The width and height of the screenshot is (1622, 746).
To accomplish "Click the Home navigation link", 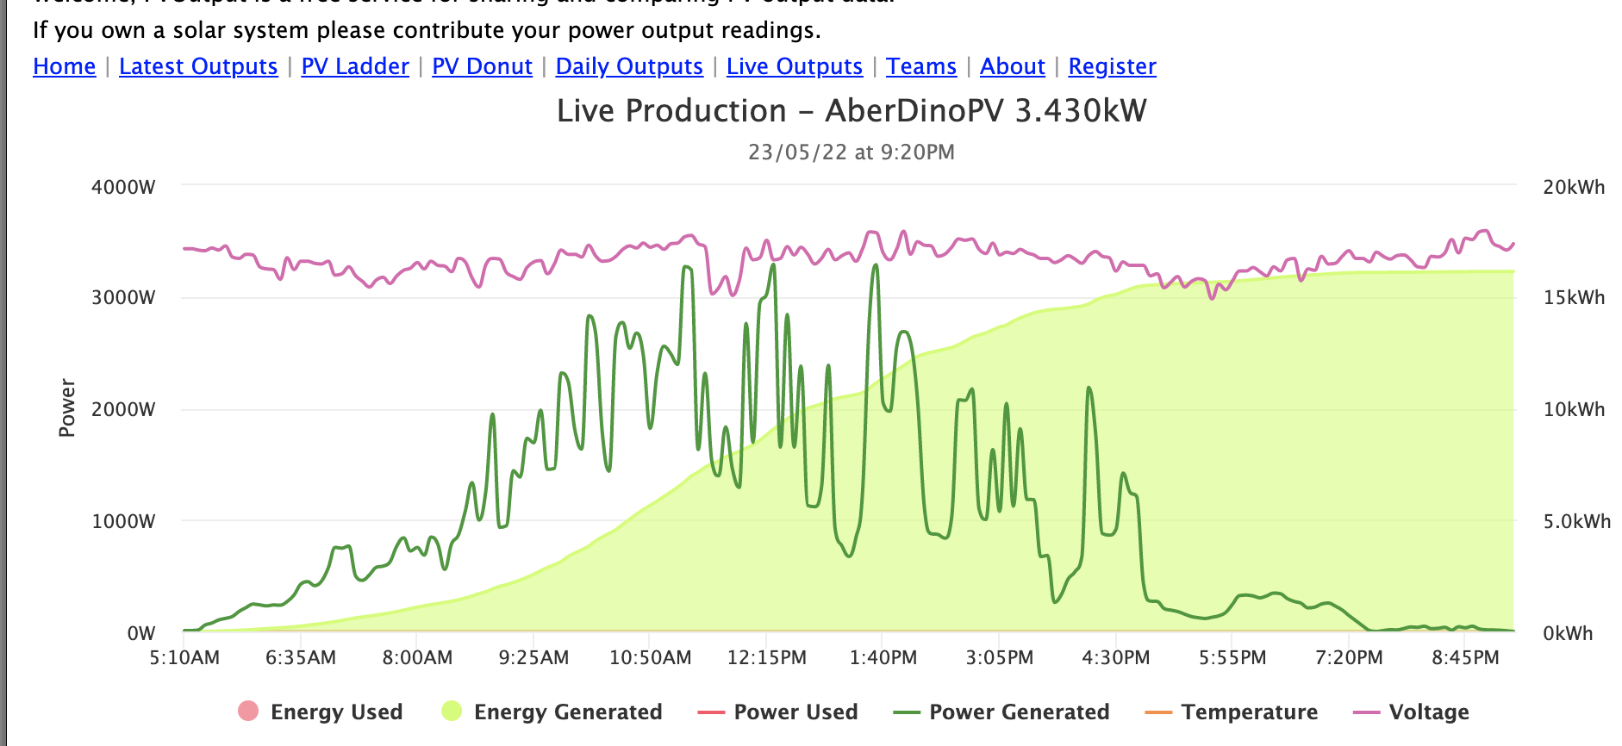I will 64,66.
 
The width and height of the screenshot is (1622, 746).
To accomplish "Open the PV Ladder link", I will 354,66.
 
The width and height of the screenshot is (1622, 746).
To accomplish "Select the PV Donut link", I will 482,66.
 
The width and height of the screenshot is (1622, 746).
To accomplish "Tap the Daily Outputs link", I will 629,66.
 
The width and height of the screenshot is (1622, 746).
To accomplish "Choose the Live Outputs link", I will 794,66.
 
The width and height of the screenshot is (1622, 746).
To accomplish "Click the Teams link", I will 920,66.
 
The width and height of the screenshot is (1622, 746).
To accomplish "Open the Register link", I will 1112,66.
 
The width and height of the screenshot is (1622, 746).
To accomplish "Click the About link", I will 1012,66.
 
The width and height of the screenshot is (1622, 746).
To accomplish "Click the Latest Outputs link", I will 198,66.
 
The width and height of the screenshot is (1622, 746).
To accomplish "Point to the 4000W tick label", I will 123,187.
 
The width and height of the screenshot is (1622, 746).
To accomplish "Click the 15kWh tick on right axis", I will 1574,298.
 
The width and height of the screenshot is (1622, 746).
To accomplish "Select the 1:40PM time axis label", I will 883,658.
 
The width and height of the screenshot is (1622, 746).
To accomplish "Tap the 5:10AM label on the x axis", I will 184,658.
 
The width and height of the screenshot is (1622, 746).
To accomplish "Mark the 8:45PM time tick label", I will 1465,658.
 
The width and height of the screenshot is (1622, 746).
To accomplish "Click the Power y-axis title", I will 67,407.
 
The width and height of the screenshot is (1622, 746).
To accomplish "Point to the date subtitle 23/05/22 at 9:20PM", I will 851,152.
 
